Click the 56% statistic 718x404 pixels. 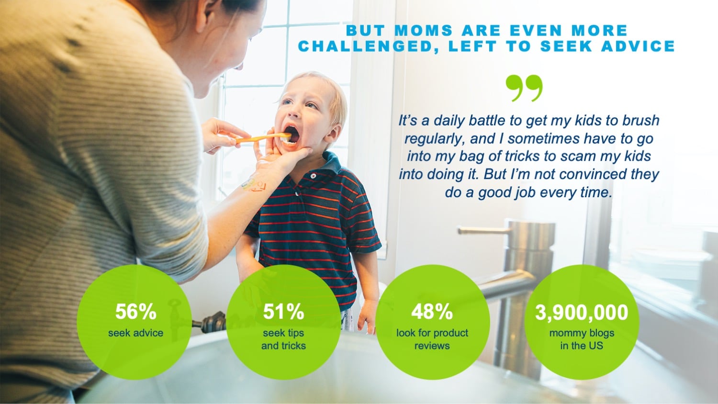(x=135, y=312)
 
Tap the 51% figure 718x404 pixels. (x=283, y=312)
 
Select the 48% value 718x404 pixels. (x=432, y=312)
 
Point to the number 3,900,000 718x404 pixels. (x=582, y=312)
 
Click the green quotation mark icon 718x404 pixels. (x=525, y=88)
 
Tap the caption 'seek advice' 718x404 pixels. (x=135, y=333)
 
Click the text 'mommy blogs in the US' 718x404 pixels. (x=582, y=339)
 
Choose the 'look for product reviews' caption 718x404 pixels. (x=432, y=339)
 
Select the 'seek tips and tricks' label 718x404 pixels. (x=283, y=339)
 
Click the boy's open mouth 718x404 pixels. (x=292, y=134)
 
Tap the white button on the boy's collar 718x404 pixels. (x=313, y=176)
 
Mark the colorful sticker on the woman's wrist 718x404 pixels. (x=253, y=185)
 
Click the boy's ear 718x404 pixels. (x=333, y=133)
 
